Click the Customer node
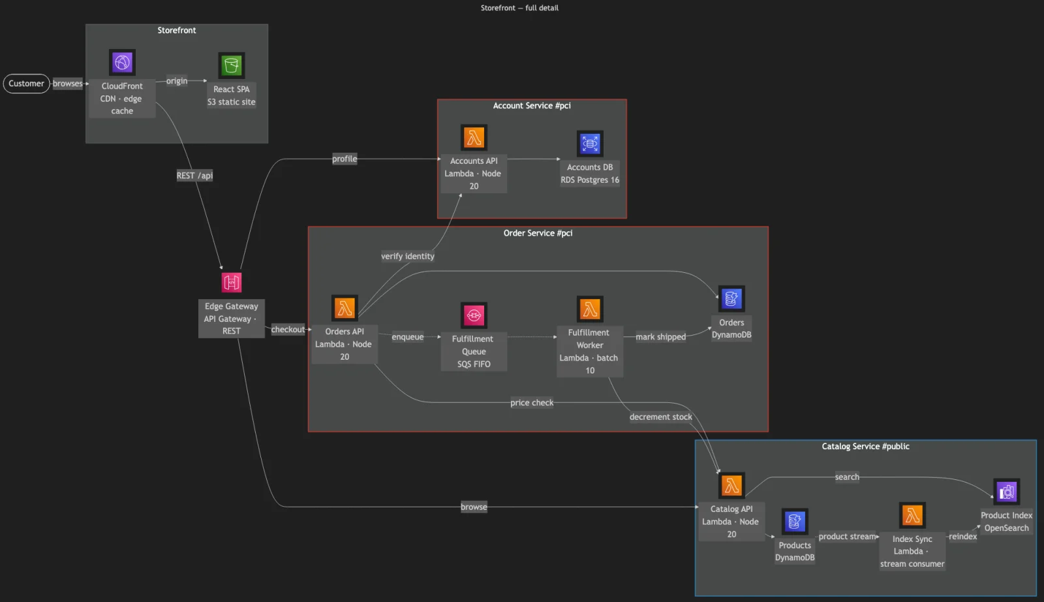pyautogui.click(x=26, y=84)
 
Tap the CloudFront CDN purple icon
pyautogui.click(x=122, y=62)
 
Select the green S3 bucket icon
pyautogui.click(x=232, y=65)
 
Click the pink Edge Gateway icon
pyautogui.click(x=232, y=282)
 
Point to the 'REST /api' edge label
pyautogui.click(x=195, y=176)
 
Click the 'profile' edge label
pyautogui.click(x=345, y=159)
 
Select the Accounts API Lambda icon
pyautogui.click(x=474, y=138)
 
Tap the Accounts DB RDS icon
pyautogui.click(x=590, y=144)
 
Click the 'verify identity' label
pyautogui.click(x=408, y=256)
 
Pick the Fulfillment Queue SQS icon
pyautogui.click(x=474, y=315)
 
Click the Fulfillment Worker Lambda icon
pyautogui.click(x=590, y=309)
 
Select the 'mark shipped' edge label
pyautogui.click(x=661, y=337)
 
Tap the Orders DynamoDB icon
pyautogui.click(x=731, y=299)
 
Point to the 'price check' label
pyautogui.click(x=532, y=402)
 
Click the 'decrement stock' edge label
pyautogui.click(x=661, y=417)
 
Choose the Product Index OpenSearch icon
pyautogui.click(x=1007, y=492)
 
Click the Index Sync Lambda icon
pyautogui.click(x=913, y=515)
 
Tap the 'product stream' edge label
pyautogui.click(x=848, y=536)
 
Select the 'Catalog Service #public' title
pyautogui.click(x=865, y=446)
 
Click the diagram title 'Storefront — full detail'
pyautogui.click(x=519, y=8)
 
